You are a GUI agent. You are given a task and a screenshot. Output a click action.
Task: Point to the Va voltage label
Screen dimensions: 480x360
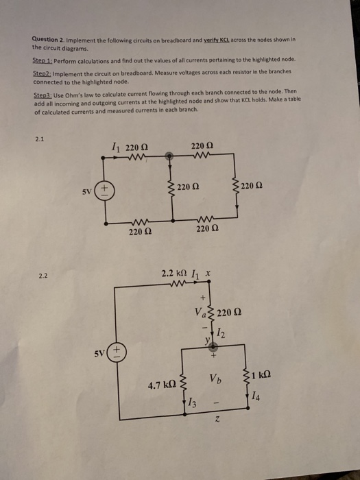point(199,313)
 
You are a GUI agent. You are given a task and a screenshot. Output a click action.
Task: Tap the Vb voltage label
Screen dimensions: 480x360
point(213,379)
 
